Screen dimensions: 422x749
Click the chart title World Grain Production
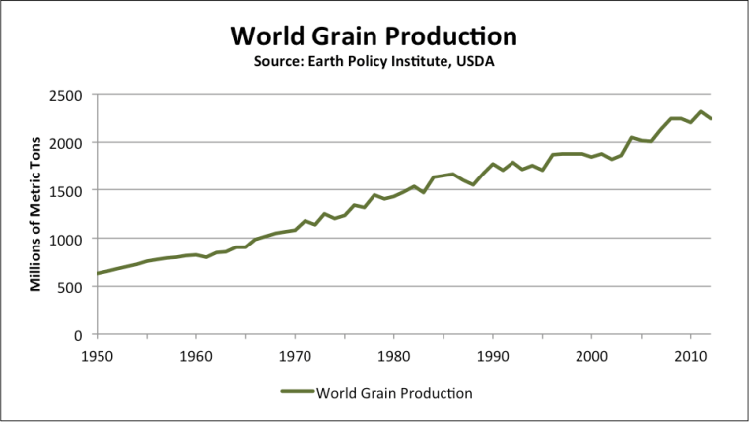[374, 36]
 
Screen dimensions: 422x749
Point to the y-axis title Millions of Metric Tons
[34, 214]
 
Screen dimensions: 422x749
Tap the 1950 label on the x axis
[97, 355]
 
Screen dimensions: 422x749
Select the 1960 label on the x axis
[196, 355]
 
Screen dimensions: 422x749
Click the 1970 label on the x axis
[295, 355]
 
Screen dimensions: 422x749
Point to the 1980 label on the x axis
[394, 355]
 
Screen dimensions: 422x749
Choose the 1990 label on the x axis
[493, 355]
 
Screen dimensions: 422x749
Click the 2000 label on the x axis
[591, 355]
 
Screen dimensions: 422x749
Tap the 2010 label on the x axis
[690, 355]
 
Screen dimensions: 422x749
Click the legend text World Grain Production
[395, 392]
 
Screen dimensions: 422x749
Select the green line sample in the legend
[297, 392]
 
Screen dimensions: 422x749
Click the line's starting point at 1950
[98, 273]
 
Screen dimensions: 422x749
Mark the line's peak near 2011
[700, 111]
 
